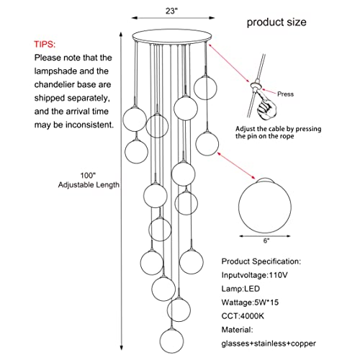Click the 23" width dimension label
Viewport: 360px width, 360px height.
click(171, 12)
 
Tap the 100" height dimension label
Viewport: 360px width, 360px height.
click(88, 176)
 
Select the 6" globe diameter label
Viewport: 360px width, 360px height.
click(266, 240)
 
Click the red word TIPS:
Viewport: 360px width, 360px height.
click(45, 45)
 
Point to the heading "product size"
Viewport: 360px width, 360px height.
click(276, 22)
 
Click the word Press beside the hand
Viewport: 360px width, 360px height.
click(285, 94)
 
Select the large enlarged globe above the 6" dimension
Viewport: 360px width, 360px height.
click(265, 205)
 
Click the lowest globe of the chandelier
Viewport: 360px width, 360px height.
click(171, 341)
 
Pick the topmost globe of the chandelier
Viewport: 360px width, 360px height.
click(205, 88)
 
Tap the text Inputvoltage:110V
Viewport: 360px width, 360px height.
click(254, 275)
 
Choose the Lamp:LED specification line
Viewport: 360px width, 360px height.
click(240, 289)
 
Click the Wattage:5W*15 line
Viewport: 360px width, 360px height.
click(250, 302)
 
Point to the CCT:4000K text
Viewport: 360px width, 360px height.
click(243, 316)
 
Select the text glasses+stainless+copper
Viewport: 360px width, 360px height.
click(269, 343)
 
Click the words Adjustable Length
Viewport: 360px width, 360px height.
click(89, 185)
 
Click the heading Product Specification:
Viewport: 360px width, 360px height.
click(261, 261)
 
